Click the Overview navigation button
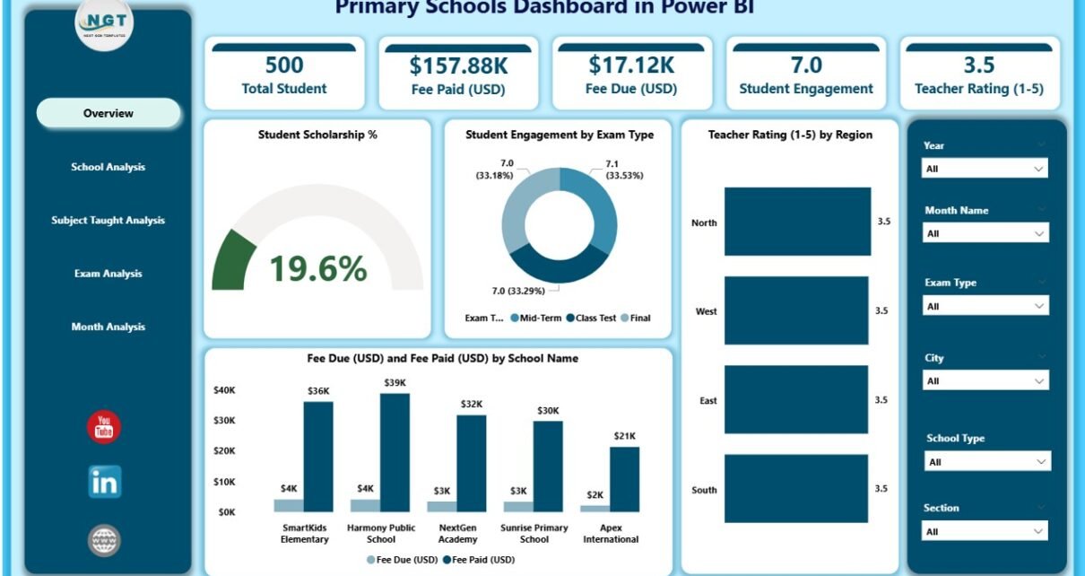pos(108,113)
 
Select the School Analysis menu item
pos(108,167)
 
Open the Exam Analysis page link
pos(108,274)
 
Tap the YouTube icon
pos(104,427)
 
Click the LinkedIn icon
pos(105,483)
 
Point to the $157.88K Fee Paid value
pos(457,65)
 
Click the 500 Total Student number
pos(284,65)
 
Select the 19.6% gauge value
pos(317,267)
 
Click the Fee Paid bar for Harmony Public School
pos(395,452)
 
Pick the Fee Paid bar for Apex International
pos(625,479)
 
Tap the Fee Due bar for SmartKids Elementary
pos(289,505)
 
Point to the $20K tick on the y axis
pos(224,450)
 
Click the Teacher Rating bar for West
pos(796,310)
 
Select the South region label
pos(704,490)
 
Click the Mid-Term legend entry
pos(535,318)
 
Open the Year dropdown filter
pos(985,169)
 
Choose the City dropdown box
pos(985,381)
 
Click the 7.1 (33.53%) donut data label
pos(611,170)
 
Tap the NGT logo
pos(105,24)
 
